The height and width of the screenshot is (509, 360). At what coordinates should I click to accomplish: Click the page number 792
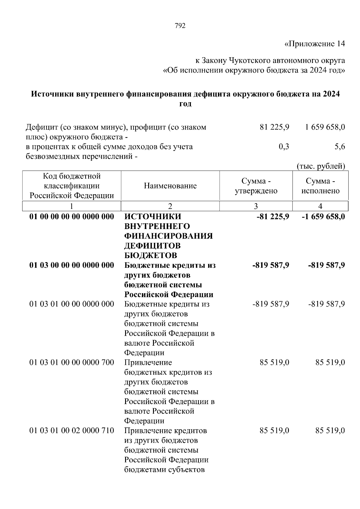pyautogui.click(x=180, y=26)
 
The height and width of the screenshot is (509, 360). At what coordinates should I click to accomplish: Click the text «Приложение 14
pyautogui.click(x=314, y=44)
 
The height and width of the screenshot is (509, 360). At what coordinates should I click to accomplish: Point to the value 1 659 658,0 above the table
pyautogui.click(x=325, y=127)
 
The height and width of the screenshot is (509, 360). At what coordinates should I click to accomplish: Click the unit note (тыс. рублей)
pyautogui.click(x=321, y=166)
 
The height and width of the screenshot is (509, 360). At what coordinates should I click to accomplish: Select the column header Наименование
pyautogui.click(x=170, y=186)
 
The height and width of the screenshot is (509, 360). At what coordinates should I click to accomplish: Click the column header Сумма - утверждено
pyautogui.click(x=256, y=186)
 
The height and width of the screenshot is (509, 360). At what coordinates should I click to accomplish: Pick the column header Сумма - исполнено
pyautogui.click(x=320, y=186)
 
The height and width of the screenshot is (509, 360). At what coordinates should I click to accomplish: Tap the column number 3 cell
pyautogui.click(x=256, y=206)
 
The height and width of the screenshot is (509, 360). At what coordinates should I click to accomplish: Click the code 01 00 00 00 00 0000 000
pyautogui.click(x=72, y=217)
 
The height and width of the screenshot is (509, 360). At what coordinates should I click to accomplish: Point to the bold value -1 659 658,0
pyautogui.click(x=323, y=217)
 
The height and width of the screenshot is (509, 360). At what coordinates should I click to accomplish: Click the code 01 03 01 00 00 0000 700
pyautogui.click(x=72, y=363)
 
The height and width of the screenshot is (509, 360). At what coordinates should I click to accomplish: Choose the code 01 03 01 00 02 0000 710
pyautogui.click(x=72, y=431)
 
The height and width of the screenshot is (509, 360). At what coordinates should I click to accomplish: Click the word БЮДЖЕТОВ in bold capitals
pyautogui.click(x=151, y=255)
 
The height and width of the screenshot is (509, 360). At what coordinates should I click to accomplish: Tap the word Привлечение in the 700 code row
pyautogui.click(x=148, y=363)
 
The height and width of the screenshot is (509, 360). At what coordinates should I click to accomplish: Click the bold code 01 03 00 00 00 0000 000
pyautogui.click(x=72, y=265)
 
